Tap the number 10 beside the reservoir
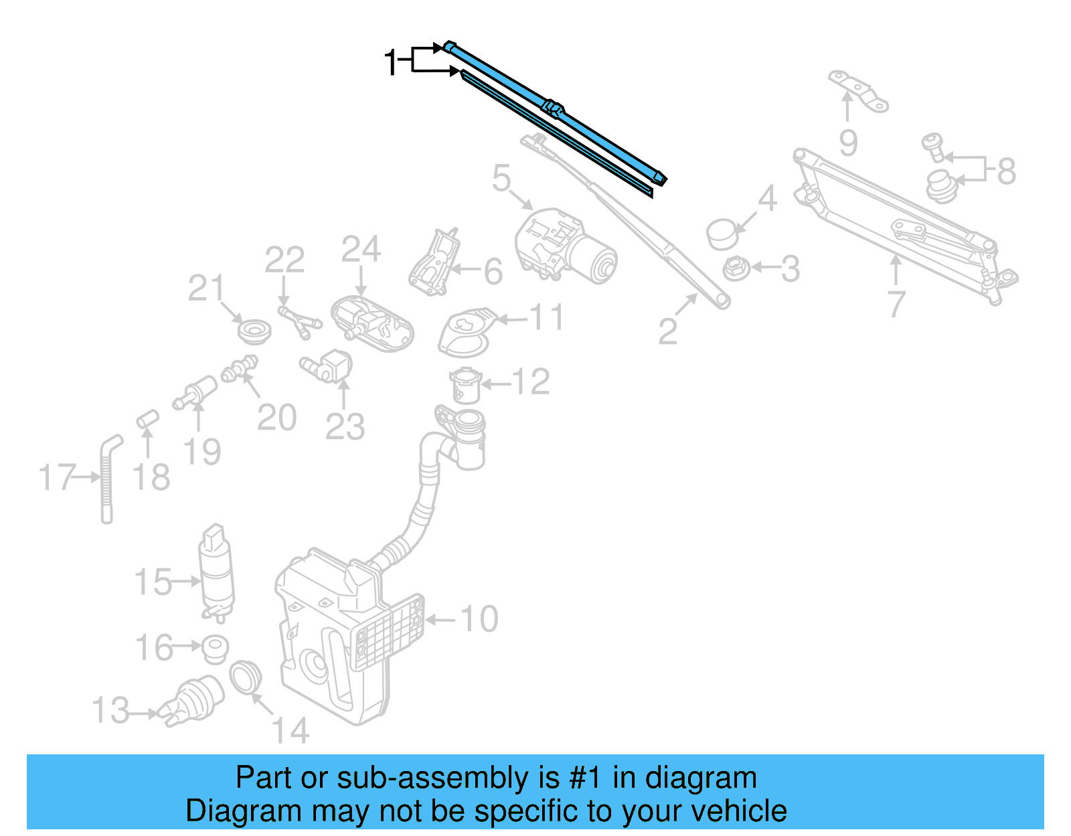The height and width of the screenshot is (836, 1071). (x=479, y=618)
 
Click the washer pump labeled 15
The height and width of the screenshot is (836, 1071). (x=216, y=572)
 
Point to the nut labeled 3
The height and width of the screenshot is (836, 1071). (x=735, y=269)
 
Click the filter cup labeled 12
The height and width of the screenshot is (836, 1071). (x=465, y=385)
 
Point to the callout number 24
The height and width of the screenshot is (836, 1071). (x=361, y=250)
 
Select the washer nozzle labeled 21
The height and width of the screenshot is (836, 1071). (x=254, y=331)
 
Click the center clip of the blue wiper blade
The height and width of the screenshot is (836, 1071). (x=553, y=108)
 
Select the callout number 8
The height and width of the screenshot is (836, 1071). (x=1006, y=171)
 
